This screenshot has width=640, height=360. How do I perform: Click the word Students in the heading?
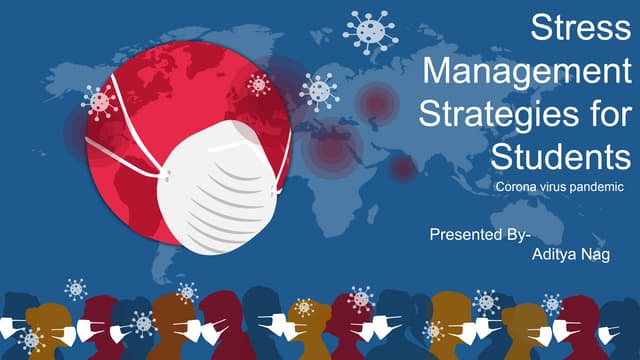pos(561,156)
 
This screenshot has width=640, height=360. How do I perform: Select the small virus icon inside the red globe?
pos(259,84)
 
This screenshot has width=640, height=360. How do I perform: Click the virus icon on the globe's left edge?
pos(98,101)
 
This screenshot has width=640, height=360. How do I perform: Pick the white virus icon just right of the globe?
pos(319,91)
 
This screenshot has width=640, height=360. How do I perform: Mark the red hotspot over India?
pos(402,169)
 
